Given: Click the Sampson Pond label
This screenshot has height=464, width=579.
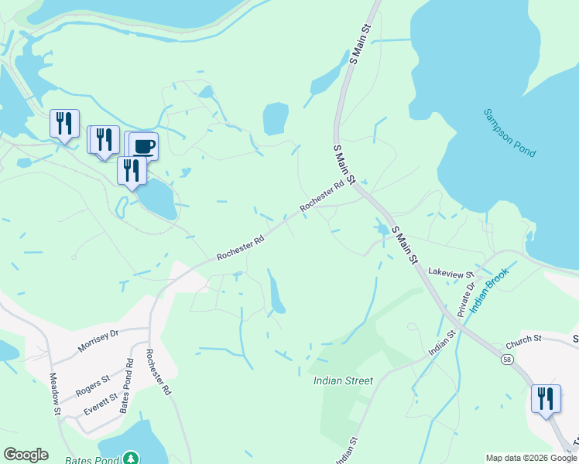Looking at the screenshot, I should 509,133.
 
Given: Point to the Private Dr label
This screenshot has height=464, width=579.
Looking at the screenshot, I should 464,299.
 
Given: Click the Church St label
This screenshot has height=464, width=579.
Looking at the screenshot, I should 522,341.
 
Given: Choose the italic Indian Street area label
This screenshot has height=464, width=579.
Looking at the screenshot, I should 343,380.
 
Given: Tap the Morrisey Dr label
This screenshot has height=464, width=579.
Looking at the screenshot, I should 98,342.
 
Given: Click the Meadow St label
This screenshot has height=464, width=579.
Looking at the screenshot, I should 54,394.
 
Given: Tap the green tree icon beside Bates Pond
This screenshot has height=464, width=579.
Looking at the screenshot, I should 131,458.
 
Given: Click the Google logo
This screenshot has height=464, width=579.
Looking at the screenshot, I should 26,455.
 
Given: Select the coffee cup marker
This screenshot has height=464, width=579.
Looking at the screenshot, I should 142,145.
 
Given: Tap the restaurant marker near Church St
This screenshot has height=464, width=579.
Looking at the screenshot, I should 546,398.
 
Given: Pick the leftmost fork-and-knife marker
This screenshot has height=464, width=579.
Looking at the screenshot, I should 64,122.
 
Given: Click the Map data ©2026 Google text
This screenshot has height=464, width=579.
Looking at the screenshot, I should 531,459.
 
